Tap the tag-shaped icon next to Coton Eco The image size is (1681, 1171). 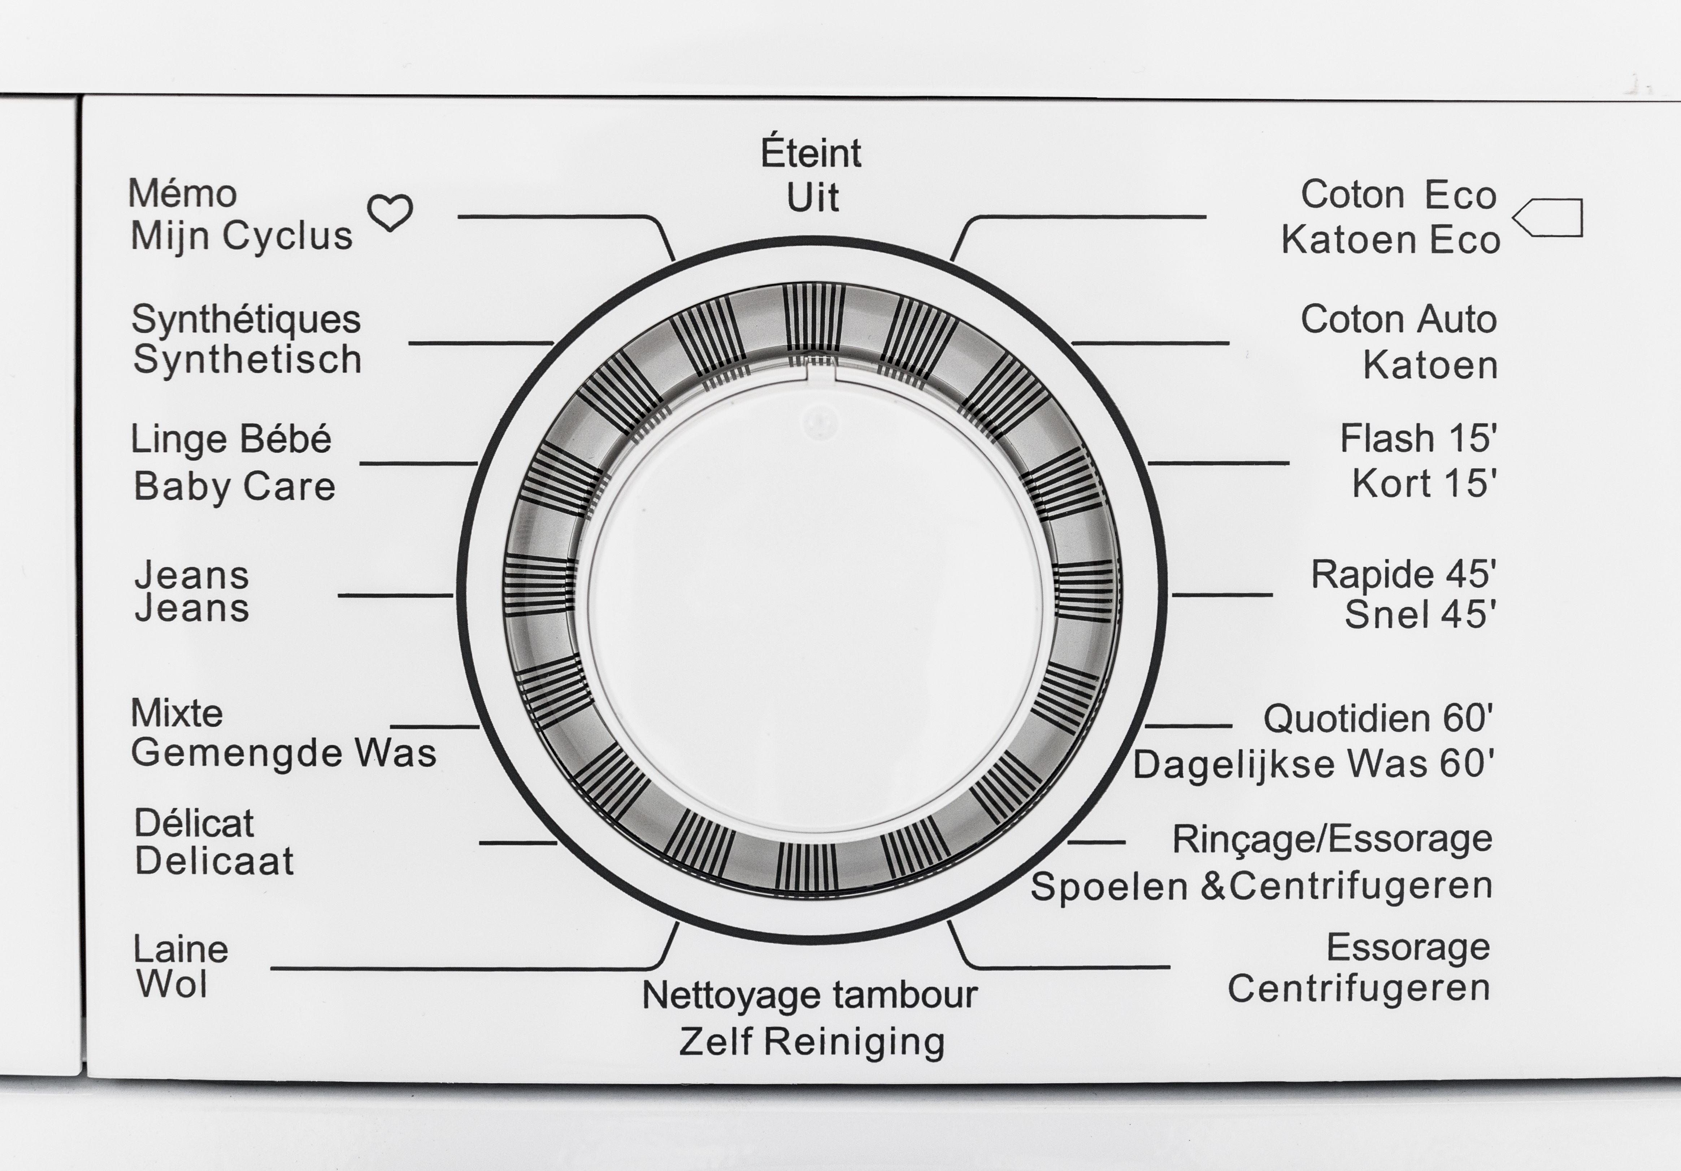[1548, 218]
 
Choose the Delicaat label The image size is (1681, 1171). [214, 861]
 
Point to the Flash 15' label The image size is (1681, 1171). [1418, 438]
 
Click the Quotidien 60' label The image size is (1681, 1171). [1378, 719]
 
